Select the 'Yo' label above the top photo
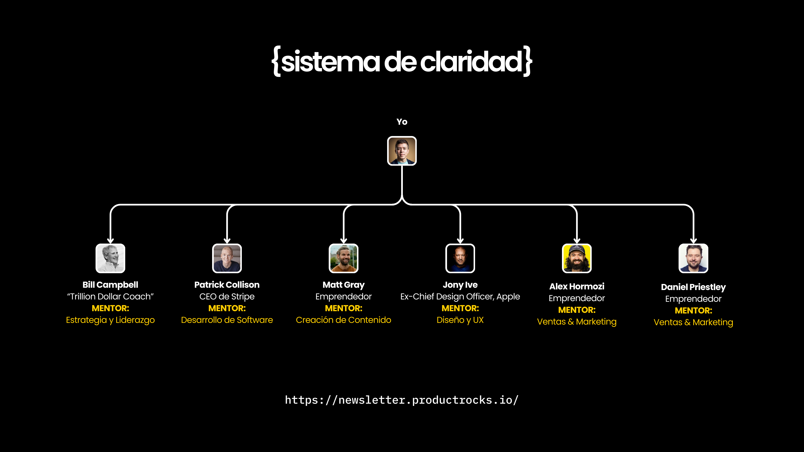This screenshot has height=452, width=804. click(x=402, y=122)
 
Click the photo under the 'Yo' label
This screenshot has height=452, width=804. click(x=402, y=151)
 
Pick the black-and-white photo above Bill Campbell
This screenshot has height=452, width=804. click(x=111, y=258)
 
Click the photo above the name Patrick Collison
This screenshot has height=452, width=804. click(x=227, y=258)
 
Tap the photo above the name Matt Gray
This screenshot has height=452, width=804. click(x=344, y=258)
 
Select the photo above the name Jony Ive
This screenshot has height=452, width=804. click(x=460, y=258)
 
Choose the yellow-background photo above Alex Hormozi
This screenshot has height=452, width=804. click(x=577, y=258)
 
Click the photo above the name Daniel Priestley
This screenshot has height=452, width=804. click(x=693, y=258)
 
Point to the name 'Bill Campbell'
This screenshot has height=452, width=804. click(x=111, y=285)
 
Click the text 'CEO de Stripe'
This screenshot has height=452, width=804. click(x=227, y=296)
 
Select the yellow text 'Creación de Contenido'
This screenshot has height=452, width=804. click(x=343, y=320)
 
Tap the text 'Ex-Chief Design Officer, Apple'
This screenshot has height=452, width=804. click(x=460, y=296)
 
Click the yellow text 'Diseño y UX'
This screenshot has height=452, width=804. click(x=460, y=320)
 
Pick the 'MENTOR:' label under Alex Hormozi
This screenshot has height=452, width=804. click(x=577, y=310)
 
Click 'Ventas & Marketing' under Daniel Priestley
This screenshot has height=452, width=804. click(x=693, y=322)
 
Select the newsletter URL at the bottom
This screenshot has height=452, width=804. click(x=402, y=400)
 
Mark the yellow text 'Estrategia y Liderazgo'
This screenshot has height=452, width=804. click(x=111, y=320)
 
